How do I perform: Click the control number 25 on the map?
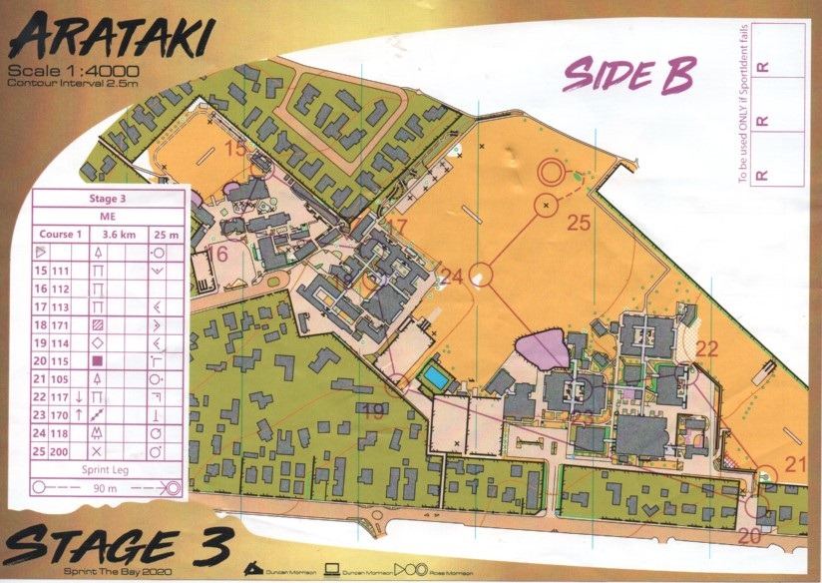(580, 224)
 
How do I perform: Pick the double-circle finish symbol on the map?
(550, 172)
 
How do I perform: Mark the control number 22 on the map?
(707, 348)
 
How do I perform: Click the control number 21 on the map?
(795, 462)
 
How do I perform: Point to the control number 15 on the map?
(237, 149)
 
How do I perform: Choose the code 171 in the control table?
(63, 324)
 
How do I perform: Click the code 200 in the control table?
(63, 450)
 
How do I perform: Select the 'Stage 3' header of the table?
(109, 199)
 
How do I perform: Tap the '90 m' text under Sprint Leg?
(109, 488)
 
